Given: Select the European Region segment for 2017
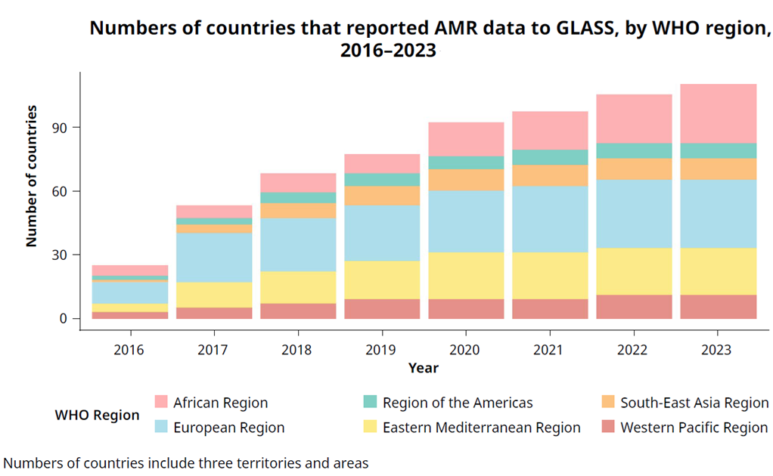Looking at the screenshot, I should click(x=214, y=258).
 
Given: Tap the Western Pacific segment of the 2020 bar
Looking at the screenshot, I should click(x=465, y=308).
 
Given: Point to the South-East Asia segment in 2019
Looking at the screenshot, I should click(x=381, y=196).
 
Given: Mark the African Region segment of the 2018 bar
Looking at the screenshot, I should click(x=298, y=182).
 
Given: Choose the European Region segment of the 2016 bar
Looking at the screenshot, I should click(x=130, y=292).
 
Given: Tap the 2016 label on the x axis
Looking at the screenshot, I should click(x=130, y=349).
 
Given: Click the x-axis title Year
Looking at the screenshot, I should click(x=423, y=368).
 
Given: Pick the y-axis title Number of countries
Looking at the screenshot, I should click(x=32, y=176).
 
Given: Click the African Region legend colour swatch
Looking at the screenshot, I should click(x=160, y=403).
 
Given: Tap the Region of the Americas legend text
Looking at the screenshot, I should click(x=458, y=403).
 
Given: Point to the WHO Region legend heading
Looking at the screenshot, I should click(x=97, y=415).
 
